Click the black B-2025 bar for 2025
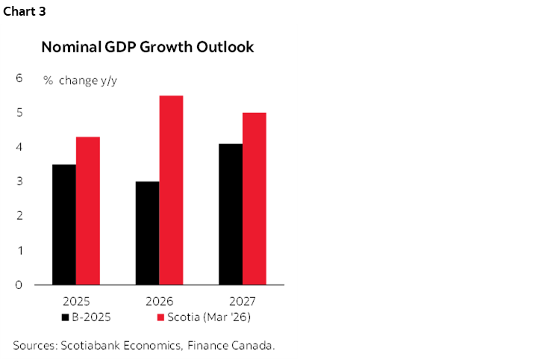[64, 224]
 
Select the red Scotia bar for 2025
[87, 211]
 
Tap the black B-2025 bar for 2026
[148, 233]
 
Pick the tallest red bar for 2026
[171, 190]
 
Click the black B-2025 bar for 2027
[231, 214]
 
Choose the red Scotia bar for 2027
[254, 198]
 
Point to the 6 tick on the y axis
[19, 78]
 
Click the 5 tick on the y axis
[19, 112]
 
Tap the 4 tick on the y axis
[19, 147]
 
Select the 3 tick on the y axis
[19, 181]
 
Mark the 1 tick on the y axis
[19, 250]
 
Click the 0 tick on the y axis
[19, 285]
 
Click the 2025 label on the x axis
[76, 302]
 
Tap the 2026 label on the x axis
[159, 302]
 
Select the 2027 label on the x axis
[243, 302]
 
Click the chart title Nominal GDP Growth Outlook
[148, 47]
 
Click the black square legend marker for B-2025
[65, 318]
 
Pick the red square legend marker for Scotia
[160, 318]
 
